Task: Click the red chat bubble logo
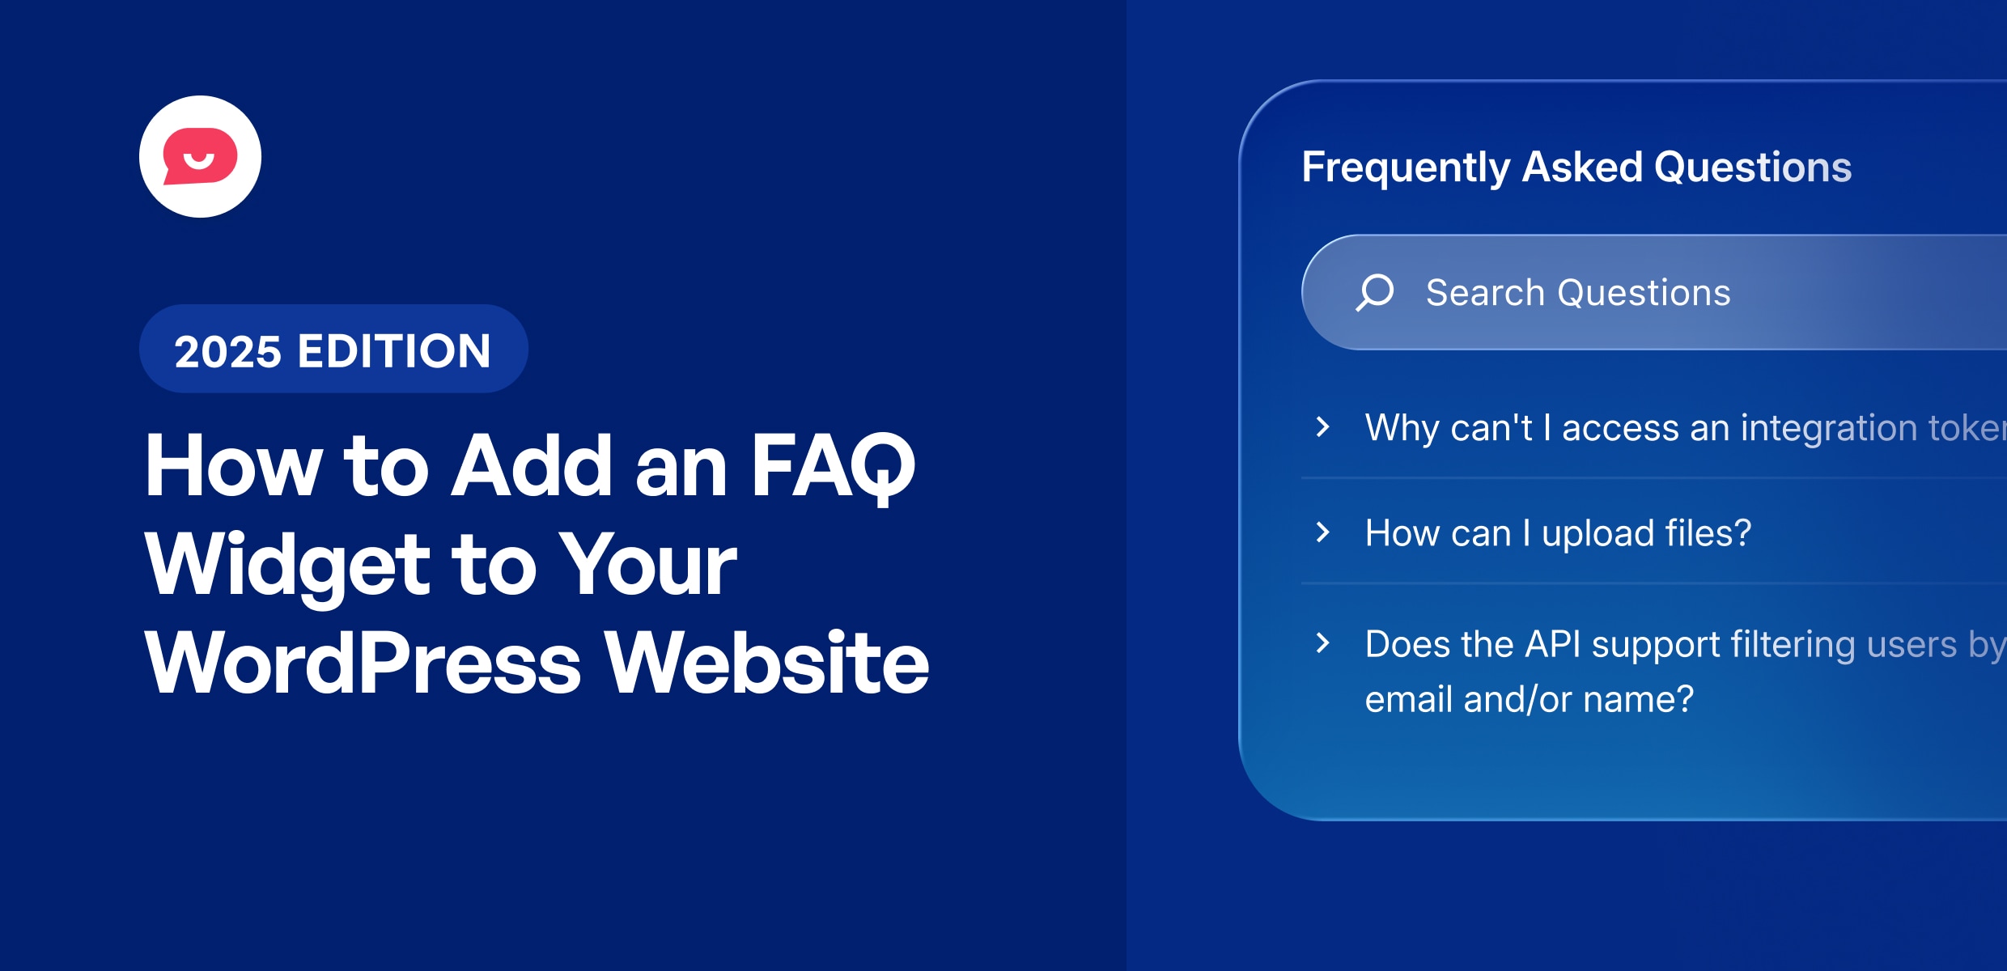coord(200,156)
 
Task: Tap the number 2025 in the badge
coord(227,352)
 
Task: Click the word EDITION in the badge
coord(394,352)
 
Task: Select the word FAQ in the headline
coord(833,467)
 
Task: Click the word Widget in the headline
coord(287,566)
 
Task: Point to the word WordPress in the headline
coord(363,664)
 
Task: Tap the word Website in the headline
coord(767,664)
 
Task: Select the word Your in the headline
coord(648,566)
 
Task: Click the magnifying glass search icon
coord(1375,292)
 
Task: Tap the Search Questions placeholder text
coord(1578,292)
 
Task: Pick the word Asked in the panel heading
coord(1582,167)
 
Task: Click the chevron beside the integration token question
coord(1323,426)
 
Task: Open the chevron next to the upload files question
coord(1323,532)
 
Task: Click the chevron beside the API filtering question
coord(1323,642)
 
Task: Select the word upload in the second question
coord(1598,534)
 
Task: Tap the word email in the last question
coord(1409,699)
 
